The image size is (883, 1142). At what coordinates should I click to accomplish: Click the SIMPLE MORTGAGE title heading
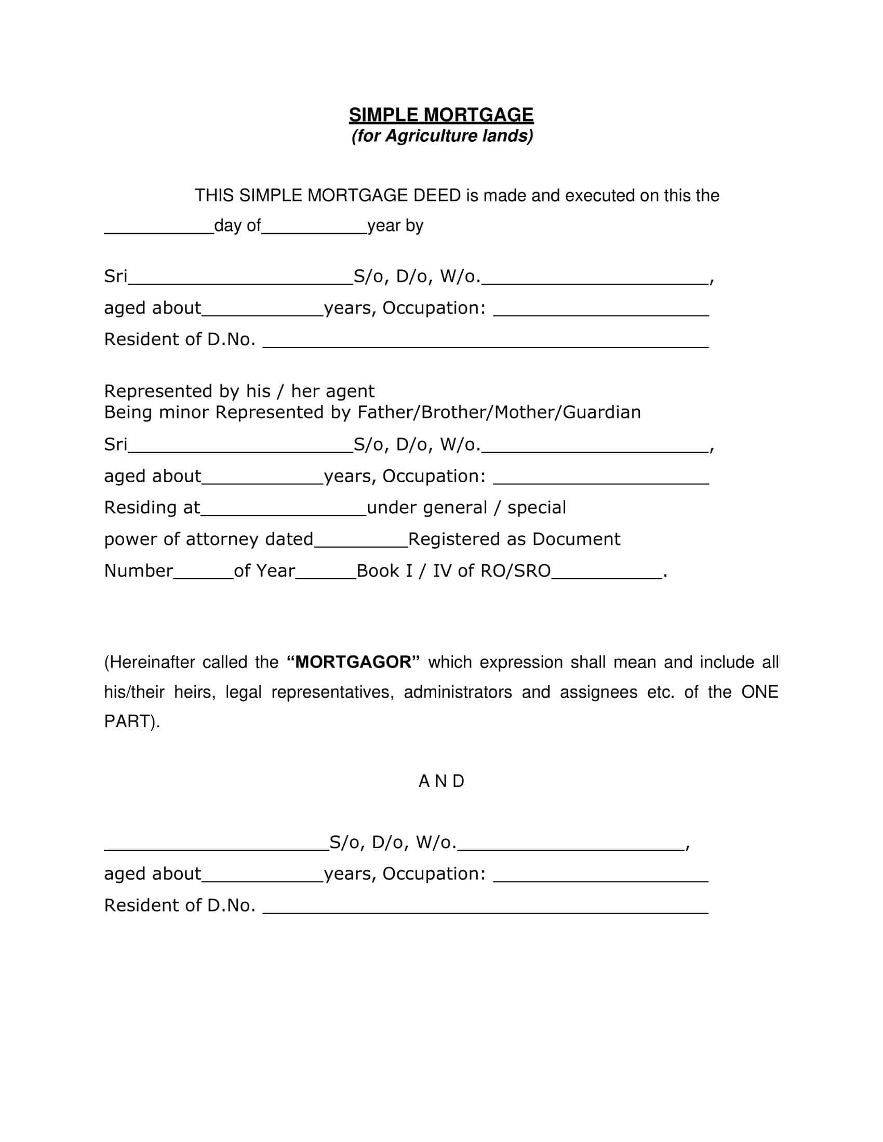(441, 115)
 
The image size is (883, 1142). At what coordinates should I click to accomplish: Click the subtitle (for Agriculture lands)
(442, 136)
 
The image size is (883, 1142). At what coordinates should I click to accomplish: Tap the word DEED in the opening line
(437, 196)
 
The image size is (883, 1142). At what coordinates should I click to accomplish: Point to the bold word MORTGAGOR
(354, 662)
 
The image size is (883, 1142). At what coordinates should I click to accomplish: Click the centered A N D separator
(441, 781)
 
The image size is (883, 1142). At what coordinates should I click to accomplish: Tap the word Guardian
(601, 413)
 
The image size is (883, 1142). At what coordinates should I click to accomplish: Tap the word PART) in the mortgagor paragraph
(132, 722)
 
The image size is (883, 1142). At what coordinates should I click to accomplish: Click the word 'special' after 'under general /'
(537, 508)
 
